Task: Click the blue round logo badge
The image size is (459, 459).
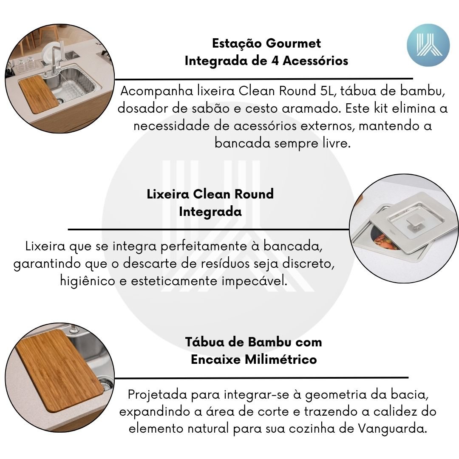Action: click(428, 45)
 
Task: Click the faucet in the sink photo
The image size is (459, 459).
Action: click(56, 59)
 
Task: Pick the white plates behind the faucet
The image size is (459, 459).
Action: click(50, 53)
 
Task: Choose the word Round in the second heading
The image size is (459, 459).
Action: click(254, 194)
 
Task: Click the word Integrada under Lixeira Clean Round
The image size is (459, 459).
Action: click(210, 211)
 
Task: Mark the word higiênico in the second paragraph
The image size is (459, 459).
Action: click(88, 281)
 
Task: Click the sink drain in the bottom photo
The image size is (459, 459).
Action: click(105, 383)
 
